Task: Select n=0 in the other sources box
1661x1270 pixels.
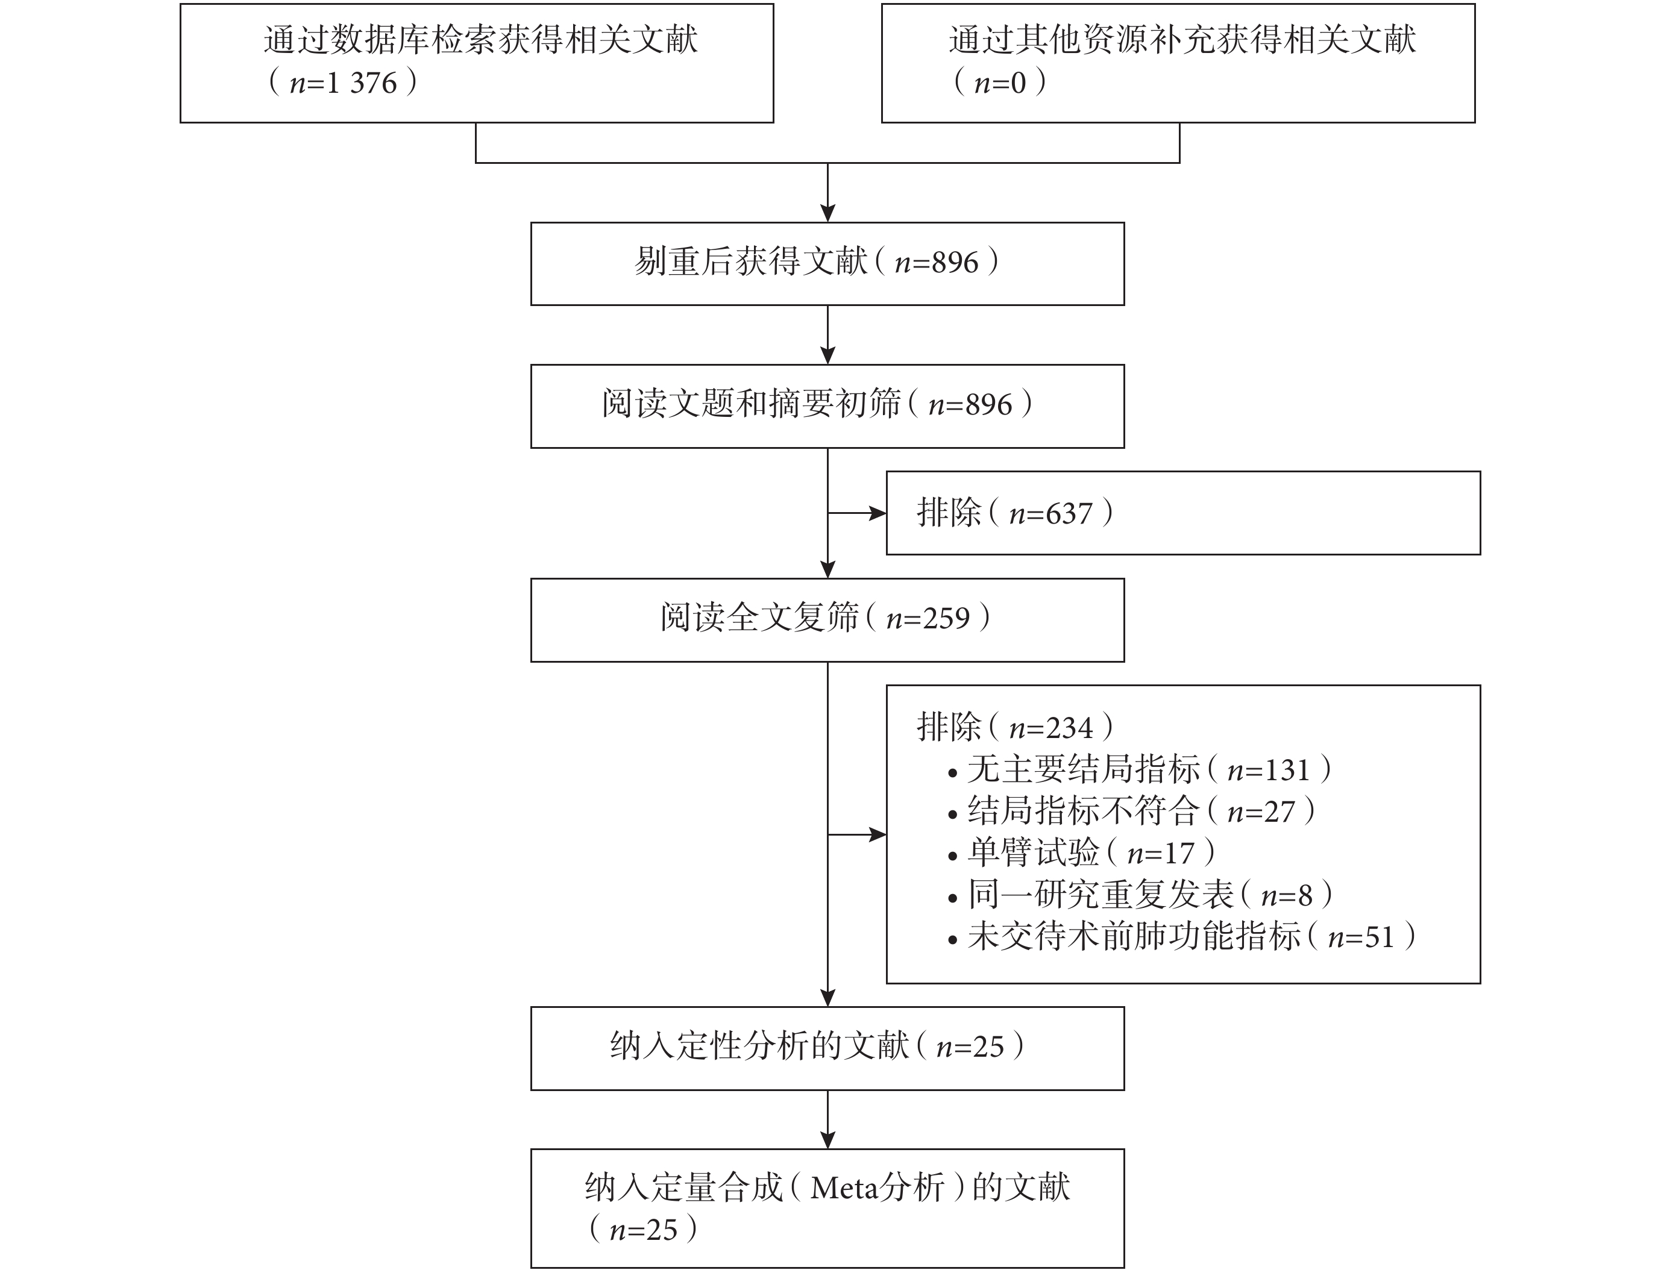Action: click(x=999, y=83)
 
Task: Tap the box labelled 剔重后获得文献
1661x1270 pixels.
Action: click(x=827, y=264)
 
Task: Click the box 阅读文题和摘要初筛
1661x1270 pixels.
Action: click(x=827, y=407)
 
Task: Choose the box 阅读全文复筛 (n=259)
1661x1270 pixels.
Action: click(x=827, y=621)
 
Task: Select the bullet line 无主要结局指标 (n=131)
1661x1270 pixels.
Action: click(x=1140, y=769)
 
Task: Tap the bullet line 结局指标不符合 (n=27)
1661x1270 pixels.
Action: click(x=1132, y=811)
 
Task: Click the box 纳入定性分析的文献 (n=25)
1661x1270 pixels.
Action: click(x=827, y=1048)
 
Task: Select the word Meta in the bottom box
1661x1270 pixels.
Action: click(x=843, y=1188)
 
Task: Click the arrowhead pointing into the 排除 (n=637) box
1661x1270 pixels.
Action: click(x=878, y=514)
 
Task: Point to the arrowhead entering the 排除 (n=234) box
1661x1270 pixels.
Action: click(x=878, y=834)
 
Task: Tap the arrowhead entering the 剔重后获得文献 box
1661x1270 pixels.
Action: click(x=828, y=213)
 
